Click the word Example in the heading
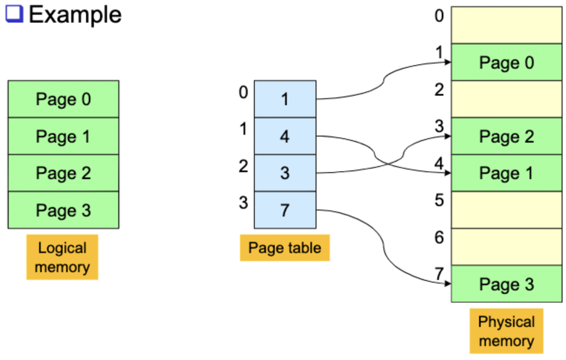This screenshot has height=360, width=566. (x=75, y=15)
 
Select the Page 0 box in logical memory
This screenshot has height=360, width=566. (x=63, y=99)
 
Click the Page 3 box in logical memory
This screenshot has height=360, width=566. (x=63, y=210)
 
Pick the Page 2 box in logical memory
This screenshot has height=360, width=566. (x=63, y=173)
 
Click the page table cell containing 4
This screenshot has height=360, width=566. (x=285, y=137)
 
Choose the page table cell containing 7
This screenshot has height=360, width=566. (x=285, y=210)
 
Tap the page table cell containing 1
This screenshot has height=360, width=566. (x=285, y=99)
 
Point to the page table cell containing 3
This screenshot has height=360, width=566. (x=285, y=173)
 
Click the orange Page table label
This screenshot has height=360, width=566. (x=285, y=248)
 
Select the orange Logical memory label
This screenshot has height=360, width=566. (x=62, y=257)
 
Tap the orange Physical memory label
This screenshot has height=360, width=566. (x=506, y=331)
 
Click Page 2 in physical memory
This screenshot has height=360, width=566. (x=506, y=137)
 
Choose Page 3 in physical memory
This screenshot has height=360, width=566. (x=506, y=284)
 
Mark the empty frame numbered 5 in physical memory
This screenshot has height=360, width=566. (x=506, y=210)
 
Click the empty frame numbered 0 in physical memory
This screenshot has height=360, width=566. (x=506, y=25)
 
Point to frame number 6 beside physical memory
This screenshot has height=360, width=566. (x=439, y=237)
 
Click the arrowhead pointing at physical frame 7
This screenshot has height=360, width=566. (x=448, y=284)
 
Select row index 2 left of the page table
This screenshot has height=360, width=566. (x=243, y=166)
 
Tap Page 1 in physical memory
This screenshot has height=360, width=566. (x=506, y=173)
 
